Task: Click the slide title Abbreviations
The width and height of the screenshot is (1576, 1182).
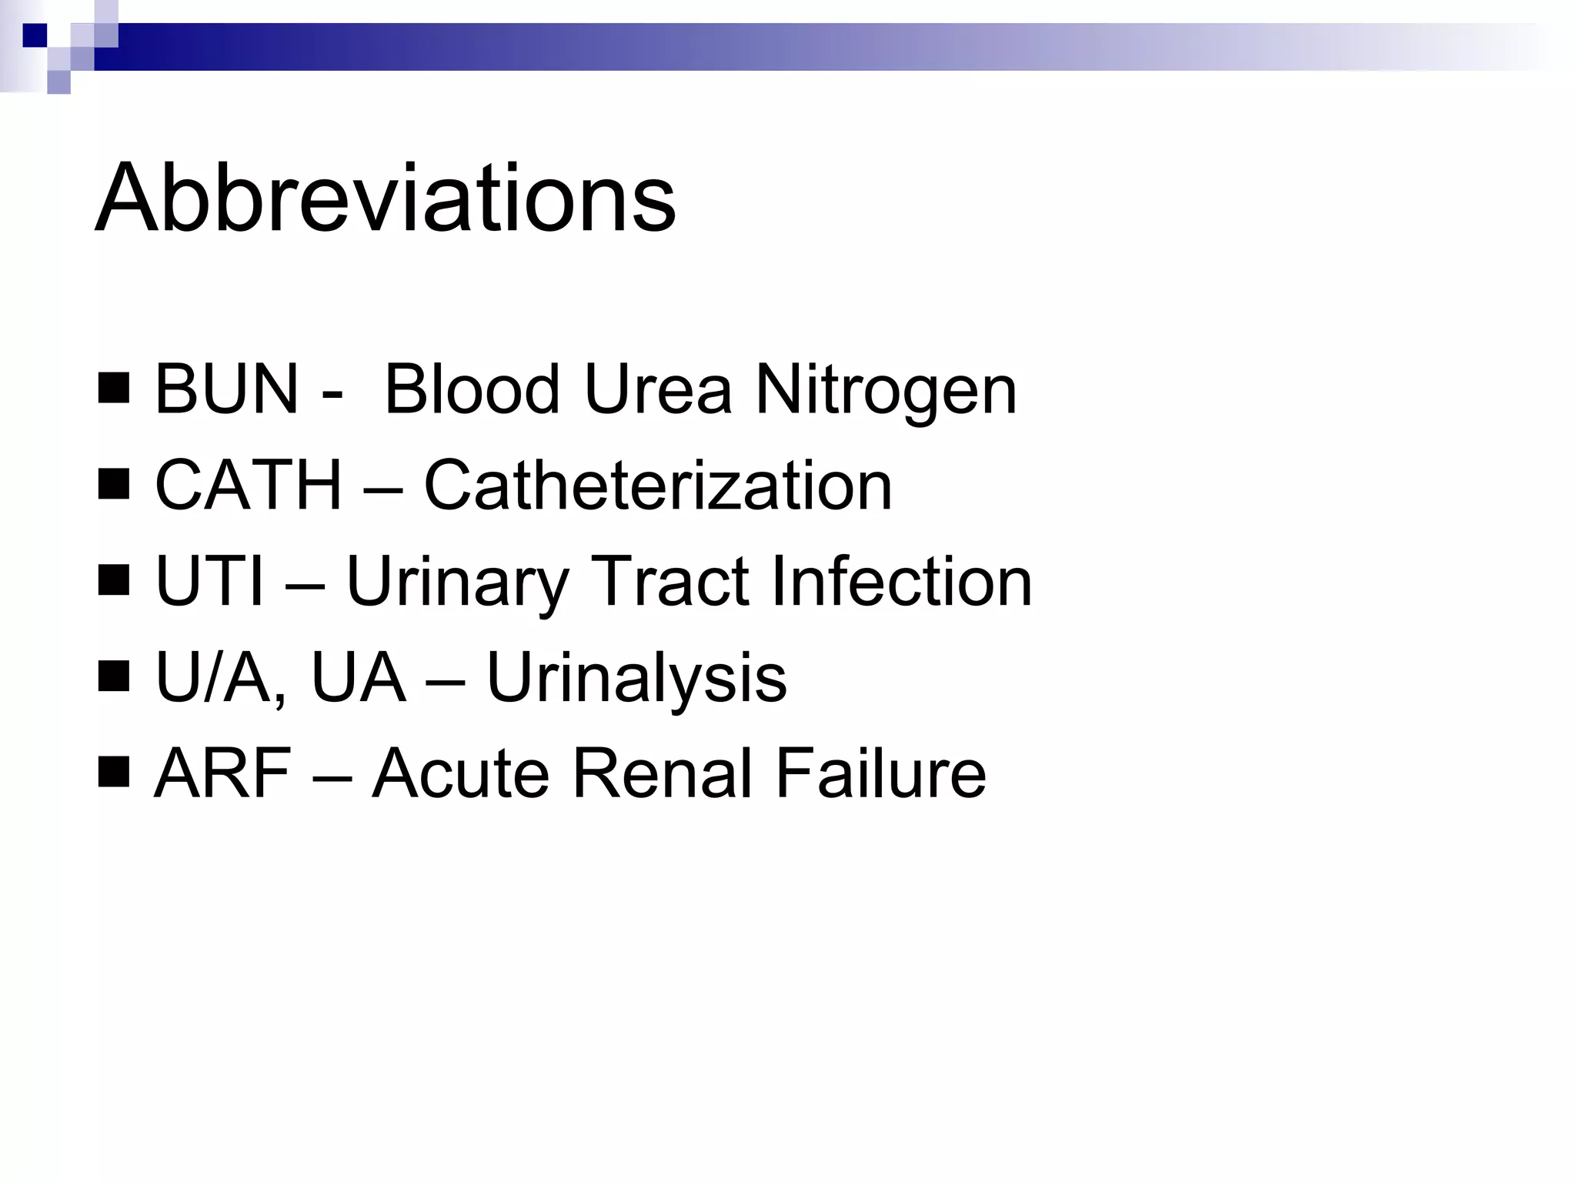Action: pos(385,198)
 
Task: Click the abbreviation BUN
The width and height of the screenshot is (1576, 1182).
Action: pos(226,390)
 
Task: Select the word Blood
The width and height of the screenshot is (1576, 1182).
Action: pos(471,390)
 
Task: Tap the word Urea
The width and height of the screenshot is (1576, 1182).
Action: pos(658,390)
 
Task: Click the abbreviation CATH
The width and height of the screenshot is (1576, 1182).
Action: pos(248,486)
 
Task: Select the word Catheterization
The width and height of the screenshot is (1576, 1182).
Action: pos(658,486)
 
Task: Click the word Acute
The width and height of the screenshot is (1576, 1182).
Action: pos(459,773)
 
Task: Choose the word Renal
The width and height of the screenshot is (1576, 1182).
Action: pos(662,773)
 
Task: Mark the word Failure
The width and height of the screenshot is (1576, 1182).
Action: pos(880,773)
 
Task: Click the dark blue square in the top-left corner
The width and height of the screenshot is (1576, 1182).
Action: pos(35,35)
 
